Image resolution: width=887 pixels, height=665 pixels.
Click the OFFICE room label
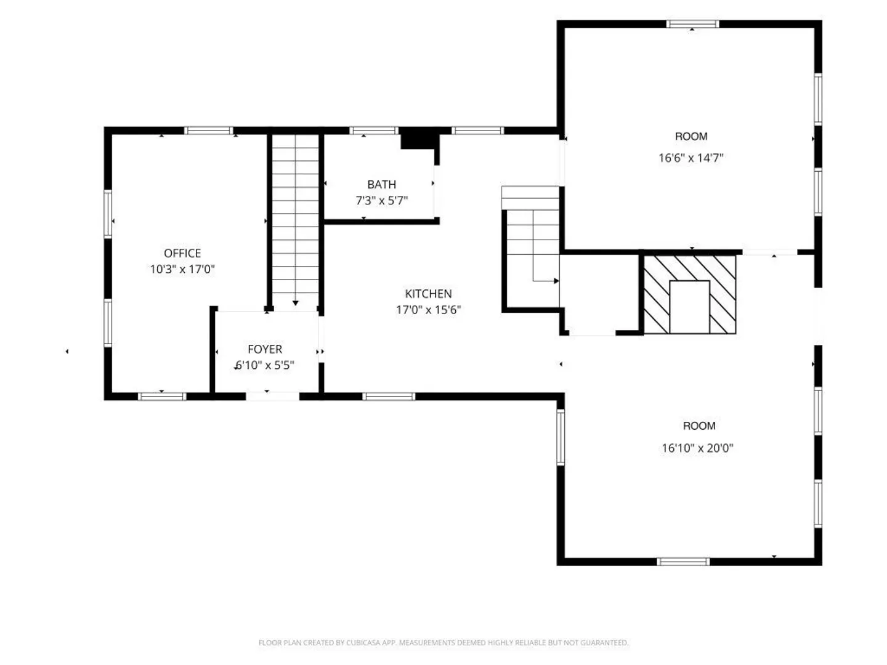click(182, 253)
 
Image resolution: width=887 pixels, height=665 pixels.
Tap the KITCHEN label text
click(428, 294)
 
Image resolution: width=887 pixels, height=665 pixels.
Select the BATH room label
click(381, 185)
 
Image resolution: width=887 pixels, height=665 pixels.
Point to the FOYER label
click(265, 349)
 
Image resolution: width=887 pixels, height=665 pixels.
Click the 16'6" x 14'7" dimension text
click(691, 158)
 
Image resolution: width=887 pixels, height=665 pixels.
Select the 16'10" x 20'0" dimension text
click(697, 448)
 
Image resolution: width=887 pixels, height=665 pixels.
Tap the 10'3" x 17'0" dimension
click(182, 269)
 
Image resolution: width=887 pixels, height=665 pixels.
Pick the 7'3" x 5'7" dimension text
click(381, 200)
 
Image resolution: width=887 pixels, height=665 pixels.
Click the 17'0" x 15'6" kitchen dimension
click(428, 310)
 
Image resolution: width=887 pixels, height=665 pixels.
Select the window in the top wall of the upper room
click(692, 24)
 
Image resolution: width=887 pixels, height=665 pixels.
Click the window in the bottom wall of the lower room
click(683, 561)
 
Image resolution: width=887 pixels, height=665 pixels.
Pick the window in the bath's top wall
click(374, 131)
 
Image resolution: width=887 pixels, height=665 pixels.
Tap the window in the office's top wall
click(209, 131)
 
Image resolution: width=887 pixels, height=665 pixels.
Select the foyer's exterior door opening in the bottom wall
click(273, 396)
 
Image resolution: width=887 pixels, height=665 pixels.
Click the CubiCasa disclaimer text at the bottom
click(443, 642)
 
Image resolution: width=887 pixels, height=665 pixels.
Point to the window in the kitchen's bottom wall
click(389, 397)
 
